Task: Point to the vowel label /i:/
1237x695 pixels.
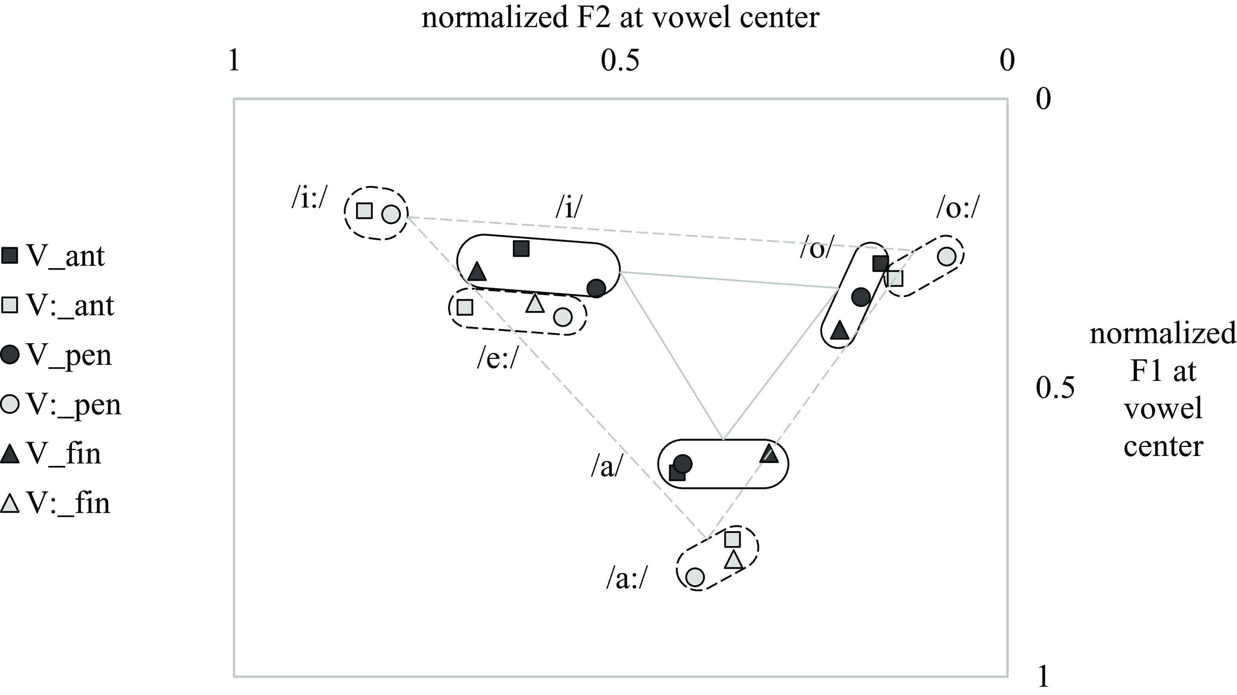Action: [x=309, y=198]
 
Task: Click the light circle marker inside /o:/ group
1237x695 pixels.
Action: [x=946, y=256]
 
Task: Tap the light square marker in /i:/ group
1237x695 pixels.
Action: [x=365, y=210]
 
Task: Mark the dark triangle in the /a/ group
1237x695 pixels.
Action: [x=769, y=454]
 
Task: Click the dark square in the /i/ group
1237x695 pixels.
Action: [x=521, y=248]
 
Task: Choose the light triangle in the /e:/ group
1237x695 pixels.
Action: [x=534, y=303]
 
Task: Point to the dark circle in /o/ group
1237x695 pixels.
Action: [x=861, y=297]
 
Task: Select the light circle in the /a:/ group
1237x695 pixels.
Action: [x=695, y=577]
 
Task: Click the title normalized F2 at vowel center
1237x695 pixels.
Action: [x=620, y=18]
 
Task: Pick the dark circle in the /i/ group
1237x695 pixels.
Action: [x=596, y=288]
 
